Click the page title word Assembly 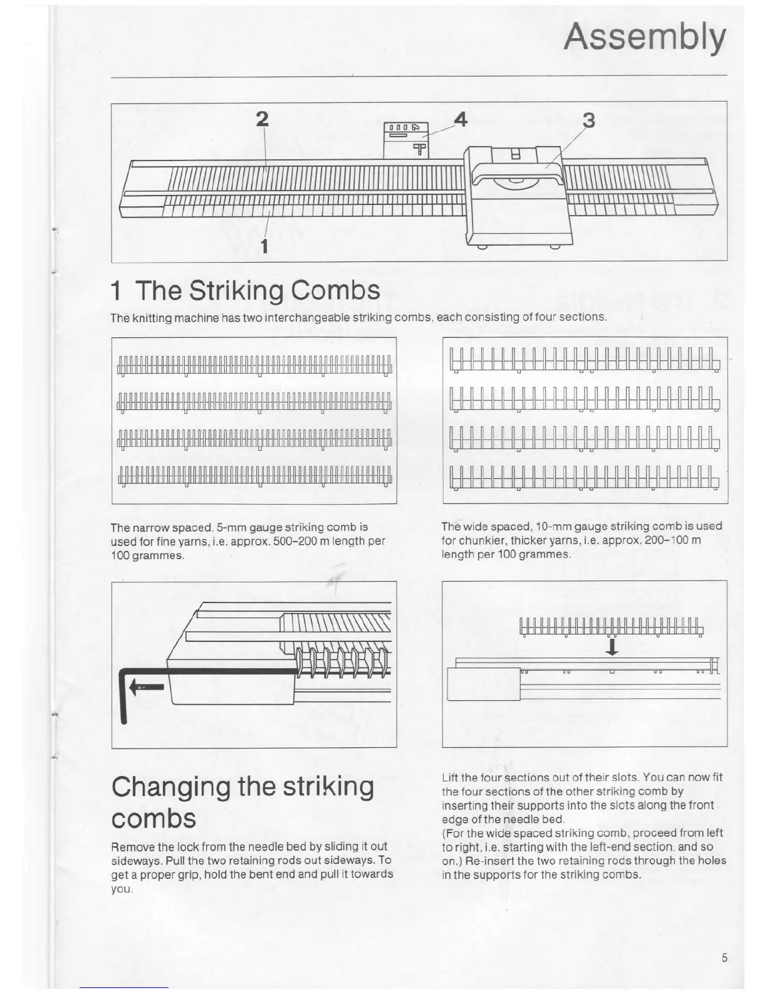[645, 38]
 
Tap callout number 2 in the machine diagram [263, 118]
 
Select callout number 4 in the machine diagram [461, 118]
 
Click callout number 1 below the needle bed [264, 246]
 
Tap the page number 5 [724, 957]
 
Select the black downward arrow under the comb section [612, 646]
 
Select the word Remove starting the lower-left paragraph [133, 846]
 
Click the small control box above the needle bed [405, 139]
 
